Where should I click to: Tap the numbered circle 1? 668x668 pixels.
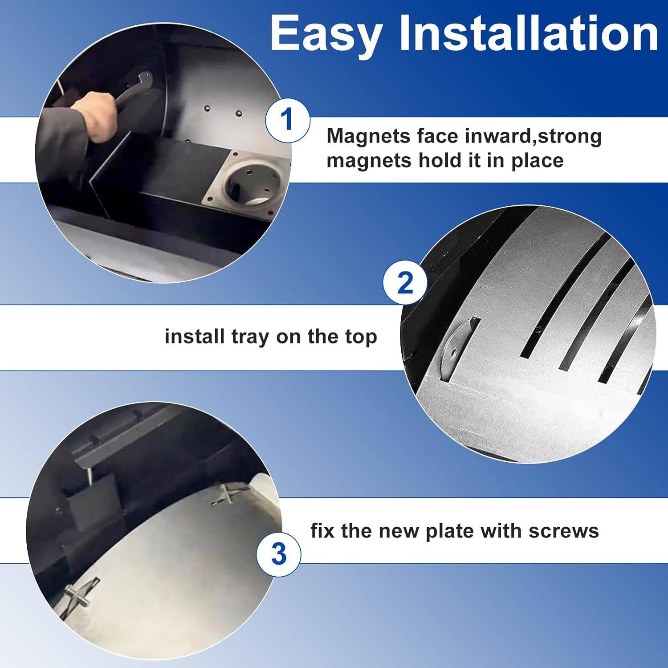pos(287,119)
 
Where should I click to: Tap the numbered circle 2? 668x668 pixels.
pos(405,282)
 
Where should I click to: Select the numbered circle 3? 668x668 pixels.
pos(278,554)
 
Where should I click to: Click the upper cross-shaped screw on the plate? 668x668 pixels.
pos(227,495)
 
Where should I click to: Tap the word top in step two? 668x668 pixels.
pos(361,338)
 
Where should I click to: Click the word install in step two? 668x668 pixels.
pos(195,337)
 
